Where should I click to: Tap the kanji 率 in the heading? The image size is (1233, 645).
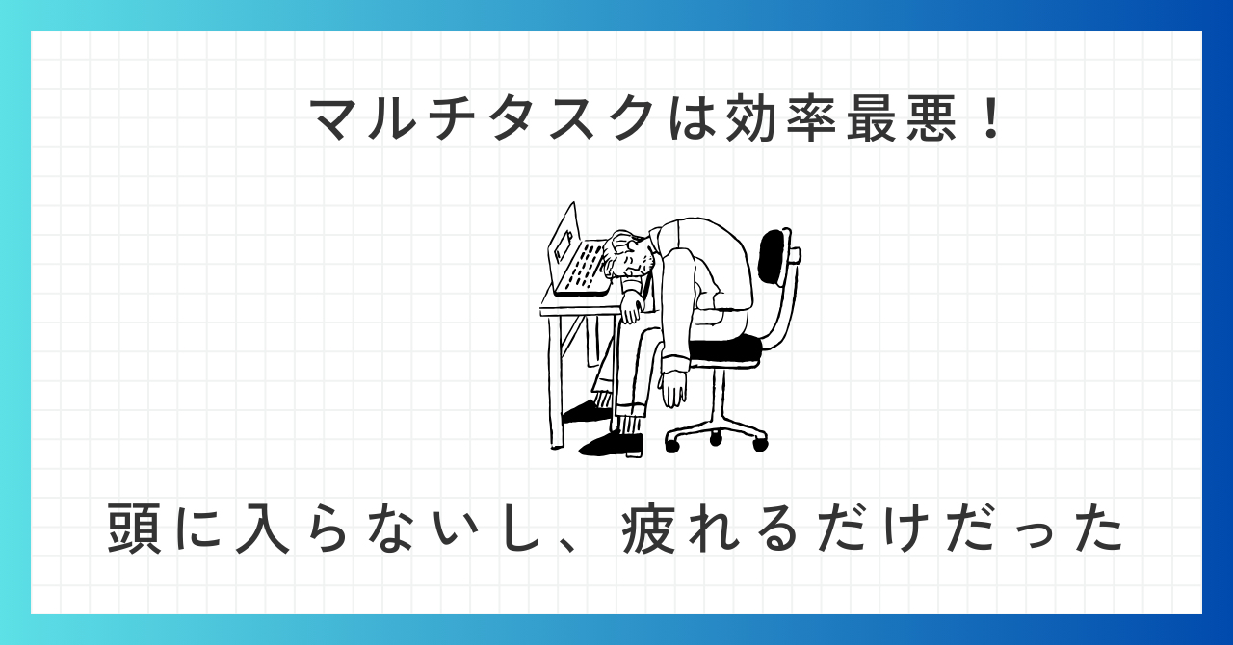coord(814,119)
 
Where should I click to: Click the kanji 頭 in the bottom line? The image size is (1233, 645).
coord(134,528)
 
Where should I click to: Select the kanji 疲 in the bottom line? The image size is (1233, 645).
coord(648,528)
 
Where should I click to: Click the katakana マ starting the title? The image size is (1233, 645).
coord(338,121)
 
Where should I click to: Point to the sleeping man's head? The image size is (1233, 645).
coord(629,255)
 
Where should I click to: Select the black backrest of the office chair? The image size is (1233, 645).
coord(772,257)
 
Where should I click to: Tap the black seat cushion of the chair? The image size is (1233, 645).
coord(725,349)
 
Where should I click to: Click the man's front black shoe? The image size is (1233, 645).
coord(611,444)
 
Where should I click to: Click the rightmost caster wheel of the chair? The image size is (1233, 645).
coord(760,444)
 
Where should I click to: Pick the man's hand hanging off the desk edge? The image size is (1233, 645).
coord(631,310)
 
